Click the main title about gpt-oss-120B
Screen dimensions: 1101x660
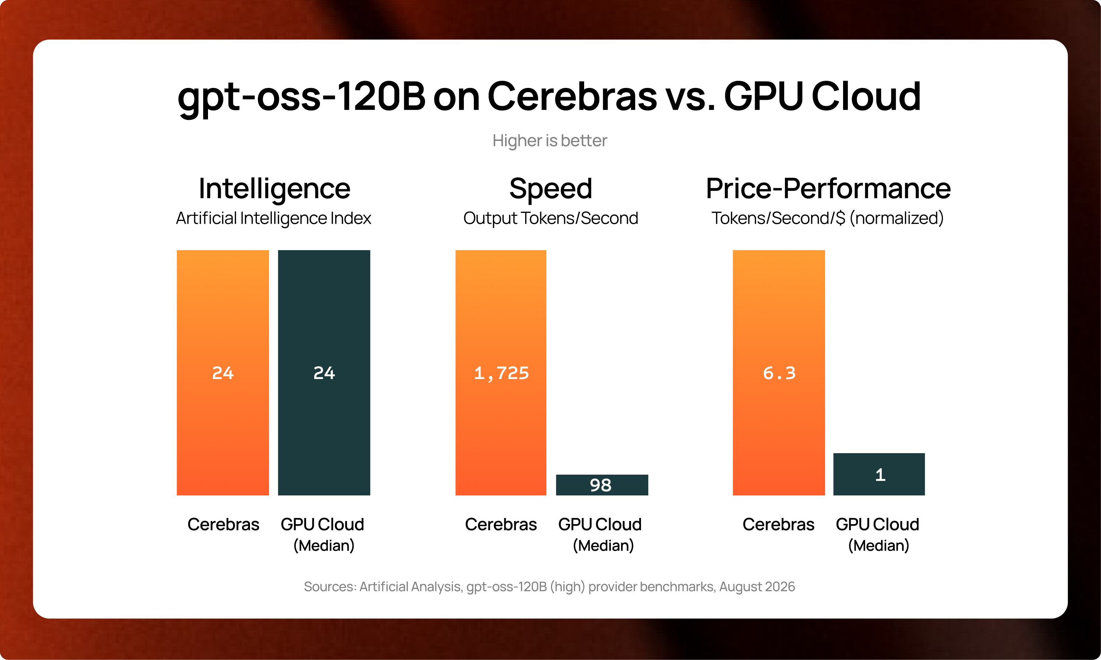click(549, 97)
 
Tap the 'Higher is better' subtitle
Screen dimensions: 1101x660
click(549, 141)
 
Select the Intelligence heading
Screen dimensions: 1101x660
click(274, 188)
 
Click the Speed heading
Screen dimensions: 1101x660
click(550, 188)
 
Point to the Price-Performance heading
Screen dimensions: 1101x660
click(828, 188)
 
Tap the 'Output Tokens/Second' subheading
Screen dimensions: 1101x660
click(550, 218)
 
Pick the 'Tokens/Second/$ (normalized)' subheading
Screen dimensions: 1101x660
click(827, 218)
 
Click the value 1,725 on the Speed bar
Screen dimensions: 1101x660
click(501, 373)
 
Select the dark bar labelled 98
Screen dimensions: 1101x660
click(602, 485)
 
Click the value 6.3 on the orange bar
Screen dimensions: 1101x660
click(779, 373)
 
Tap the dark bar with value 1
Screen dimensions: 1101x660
click(879, 474)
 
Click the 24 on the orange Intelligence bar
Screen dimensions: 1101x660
click(223, 373)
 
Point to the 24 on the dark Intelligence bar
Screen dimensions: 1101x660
click(324, 373)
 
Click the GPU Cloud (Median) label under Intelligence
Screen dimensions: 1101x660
click(323, 535)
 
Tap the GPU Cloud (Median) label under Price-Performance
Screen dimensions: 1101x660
click(878, 535)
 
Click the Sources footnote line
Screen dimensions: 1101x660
click(549, 587)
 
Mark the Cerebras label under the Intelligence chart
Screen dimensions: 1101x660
click(223, 524)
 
